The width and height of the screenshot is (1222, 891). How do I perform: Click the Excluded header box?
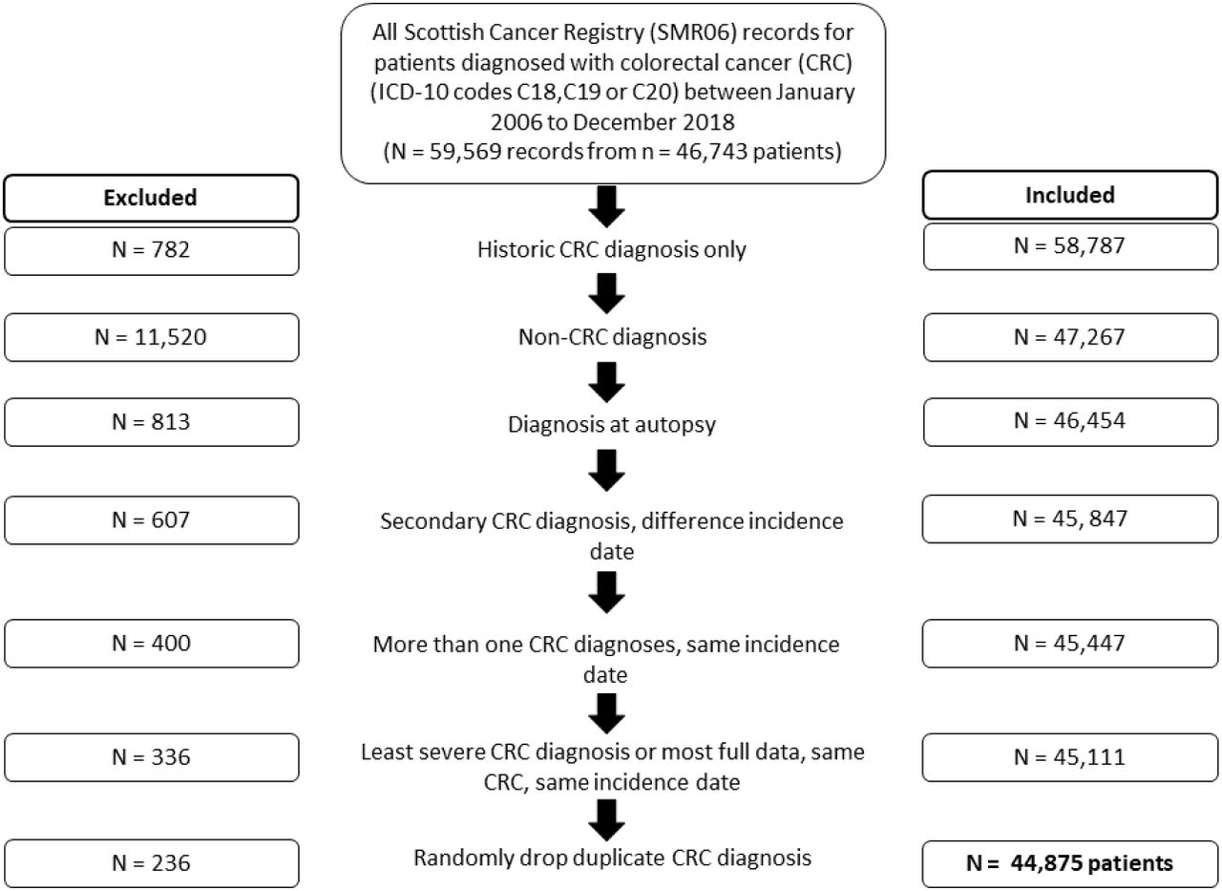tap(151, 198)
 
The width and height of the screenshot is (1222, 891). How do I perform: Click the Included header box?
tap(1070, 195)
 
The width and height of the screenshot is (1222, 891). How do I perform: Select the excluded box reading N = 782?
tap(151, 251)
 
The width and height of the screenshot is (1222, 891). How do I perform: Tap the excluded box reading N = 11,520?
tap(151, 337)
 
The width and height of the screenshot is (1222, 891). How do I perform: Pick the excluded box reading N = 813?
tap(151, 422)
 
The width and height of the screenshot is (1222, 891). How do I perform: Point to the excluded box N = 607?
tap(151, 520)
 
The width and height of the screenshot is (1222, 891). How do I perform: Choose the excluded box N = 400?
tap(151, 644)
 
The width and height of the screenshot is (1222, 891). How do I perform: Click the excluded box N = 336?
tap(151, 757)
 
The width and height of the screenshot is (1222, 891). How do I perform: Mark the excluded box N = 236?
tap(151, 863)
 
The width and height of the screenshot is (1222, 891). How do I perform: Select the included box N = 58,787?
tap(1070, 246)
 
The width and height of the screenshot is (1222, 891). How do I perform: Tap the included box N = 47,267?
tap(1070, 337)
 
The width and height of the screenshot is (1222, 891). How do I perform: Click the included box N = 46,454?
tap(1070, 422)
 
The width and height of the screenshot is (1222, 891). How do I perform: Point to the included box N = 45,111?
tap(1070, 757)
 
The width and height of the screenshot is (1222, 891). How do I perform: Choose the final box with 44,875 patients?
tap(1070, 863)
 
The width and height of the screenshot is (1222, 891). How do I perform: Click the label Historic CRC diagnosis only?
tap(612, 250)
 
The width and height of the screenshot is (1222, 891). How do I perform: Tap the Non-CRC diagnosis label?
tap(612, 337)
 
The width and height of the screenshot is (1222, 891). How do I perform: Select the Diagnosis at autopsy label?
tap(612, 425)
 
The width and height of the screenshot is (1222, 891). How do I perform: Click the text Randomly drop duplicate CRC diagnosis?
tap(612, 858)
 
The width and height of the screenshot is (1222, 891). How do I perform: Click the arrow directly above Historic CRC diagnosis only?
tap(606, 207)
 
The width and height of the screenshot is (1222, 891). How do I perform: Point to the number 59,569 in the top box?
tap(465, 151)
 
